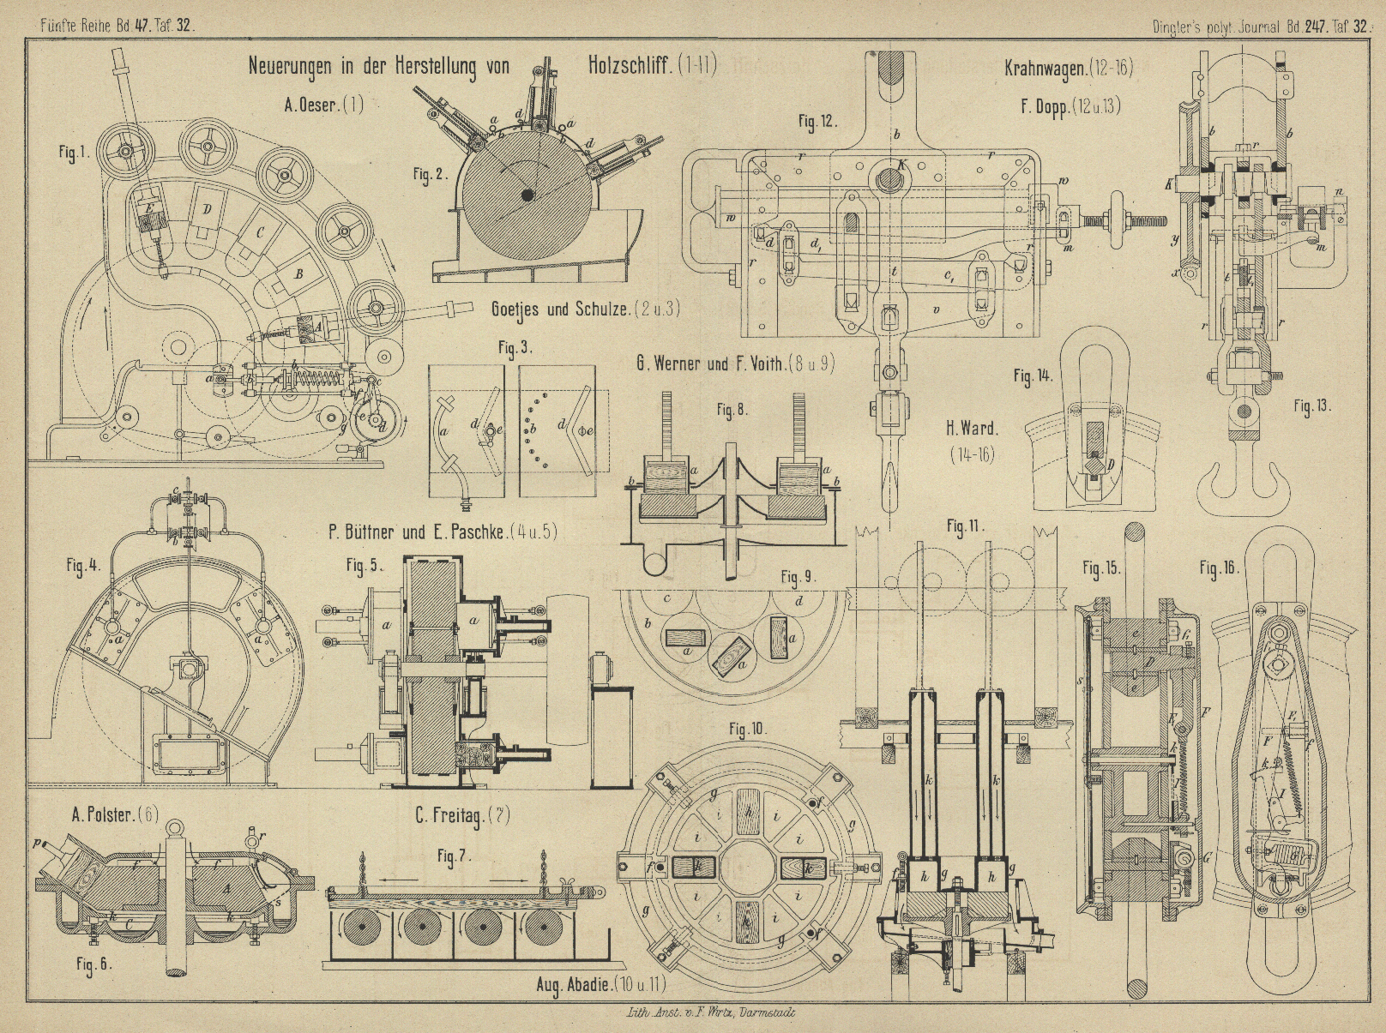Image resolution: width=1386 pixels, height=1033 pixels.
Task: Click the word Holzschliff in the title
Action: pos(630,66)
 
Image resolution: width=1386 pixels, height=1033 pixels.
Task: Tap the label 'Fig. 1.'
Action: pos(74,153)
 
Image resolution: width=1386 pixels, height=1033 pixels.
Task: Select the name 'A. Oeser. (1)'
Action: pos(324,105)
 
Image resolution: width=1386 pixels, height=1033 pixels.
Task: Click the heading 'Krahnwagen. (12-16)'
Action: pos(1069,69)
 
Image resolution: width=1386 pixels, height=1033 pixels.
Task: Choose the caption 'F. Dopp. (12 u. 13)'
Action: pos(1070,107)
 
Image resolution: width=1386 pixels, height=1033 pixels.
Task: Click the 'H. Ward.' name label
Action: pos(972,428)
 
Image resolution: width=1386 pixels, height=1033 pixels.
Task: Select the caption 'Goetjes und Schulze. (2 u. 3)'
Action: pos(586,309)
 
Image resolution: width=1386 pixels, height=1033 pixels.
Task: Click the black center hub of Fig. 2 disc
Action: pos(527,195)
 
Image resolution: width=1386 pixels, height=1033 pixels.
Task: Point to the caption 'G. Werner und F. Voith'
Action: pos(735,363)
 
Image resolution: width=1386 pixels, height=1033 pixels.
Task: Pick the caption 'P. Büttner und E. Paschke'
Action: pos(443,532)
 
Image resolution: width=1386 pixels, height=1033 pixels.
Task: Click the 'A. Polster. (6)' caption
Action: pos(115,814)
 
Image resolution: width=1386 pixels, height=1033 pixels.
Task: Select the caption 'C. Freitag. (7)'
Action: pos(462,815)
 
